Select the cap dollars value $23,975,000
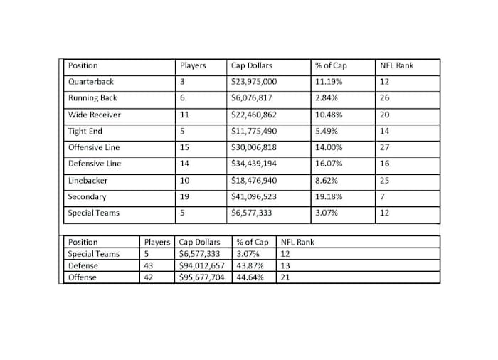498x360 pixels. click(x=254, y=82)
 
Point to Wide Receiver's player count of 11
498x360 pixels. click(x=185, y=115)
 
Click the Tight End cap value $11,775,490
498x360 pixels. click(x=254, y=131)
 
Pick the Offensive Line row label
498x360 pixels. click(x=94, y=147)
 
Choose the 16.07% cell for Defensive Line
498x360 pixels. click(x=328, y=164)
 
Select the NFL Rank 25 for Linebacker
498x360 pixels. click(x=385, y=181)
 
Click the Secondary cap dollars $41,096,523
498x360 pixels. click(x=254, y=197)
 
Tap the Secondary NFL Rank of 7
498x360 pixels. click(x=383, y=197)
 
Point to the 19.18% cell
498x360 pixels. click(x=328, y=197)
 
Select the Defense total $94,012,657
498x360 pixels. click(x=204, y=265)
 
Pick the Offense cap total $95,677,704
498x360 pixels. click(x=204, y=277)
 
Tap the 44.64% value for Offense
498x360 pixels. click(x=250, y=277)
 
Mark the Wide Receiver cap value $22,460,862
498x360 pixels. click(x=254, y=115)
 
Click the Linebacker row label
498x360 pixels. click(x=88, y=181)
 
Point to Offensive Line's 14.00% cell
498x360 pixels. click(x=328, y=147)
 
